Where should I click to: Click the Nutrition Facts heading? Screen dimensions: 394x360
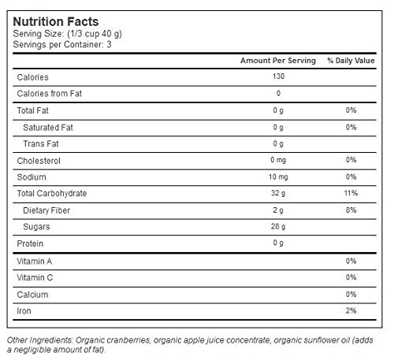pyautogui.click(x=56, y=21)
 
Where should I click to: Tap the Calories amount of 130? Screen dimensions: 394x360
pyautogui.click(x=278, y=76)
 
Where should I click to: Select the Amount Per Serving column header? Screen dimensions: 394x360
pyautogui.click(x=278, y=61)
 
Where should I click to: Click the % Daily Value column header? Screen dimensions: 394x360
pyautogui.click(x=351, y=61)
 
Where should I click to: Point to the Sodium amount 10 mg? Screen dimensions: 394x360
pyautogui.click(x=278, y=177)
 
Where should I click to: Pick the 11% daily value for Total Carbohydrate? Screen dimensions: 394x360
pyautogui.click(x=351, y=193)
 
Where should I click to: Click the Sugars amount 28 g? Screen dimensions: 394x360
pyautogui.click(x=278, y=226)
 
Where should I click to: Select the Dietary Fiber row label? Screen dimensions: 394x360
pyautogui.click(x=46, y=210)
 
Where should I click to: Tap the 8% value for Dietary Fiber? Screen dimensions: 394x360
pyautogui.click(x=351, y=210)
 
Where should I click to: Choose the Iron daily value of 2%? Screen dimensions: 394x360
pyautogui.click(x=351, y=310)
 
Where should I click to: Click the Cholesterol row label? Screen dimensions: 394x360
pyautogui.click(x=39, y=161)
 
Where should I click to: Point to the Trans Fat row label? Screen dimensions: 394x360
pyautogui.click(x=41, y=143)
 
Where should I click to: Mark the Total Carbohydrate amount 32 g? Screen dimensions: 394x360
pyautogui.click(x=278, y=193)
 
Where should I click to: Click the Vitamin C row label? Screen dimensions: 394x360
pyautogui.click(x=35, y=277)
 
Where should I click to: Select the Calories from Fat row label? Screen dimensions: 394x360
pyautogui.click(x=50, y=94)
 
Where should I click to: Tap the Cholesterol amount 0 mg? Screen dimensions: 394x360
pyautogui.click(x=278, y=160)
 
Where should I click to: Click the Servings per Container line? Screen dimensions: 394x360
pyautogui.click(x=62, y=45)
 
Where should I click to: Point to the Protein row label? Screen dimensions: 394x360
pyautogui.click(x=30, y=243)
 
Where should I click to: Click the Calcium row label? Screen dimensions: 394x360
pyautogui.click(x=32, y=295)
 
